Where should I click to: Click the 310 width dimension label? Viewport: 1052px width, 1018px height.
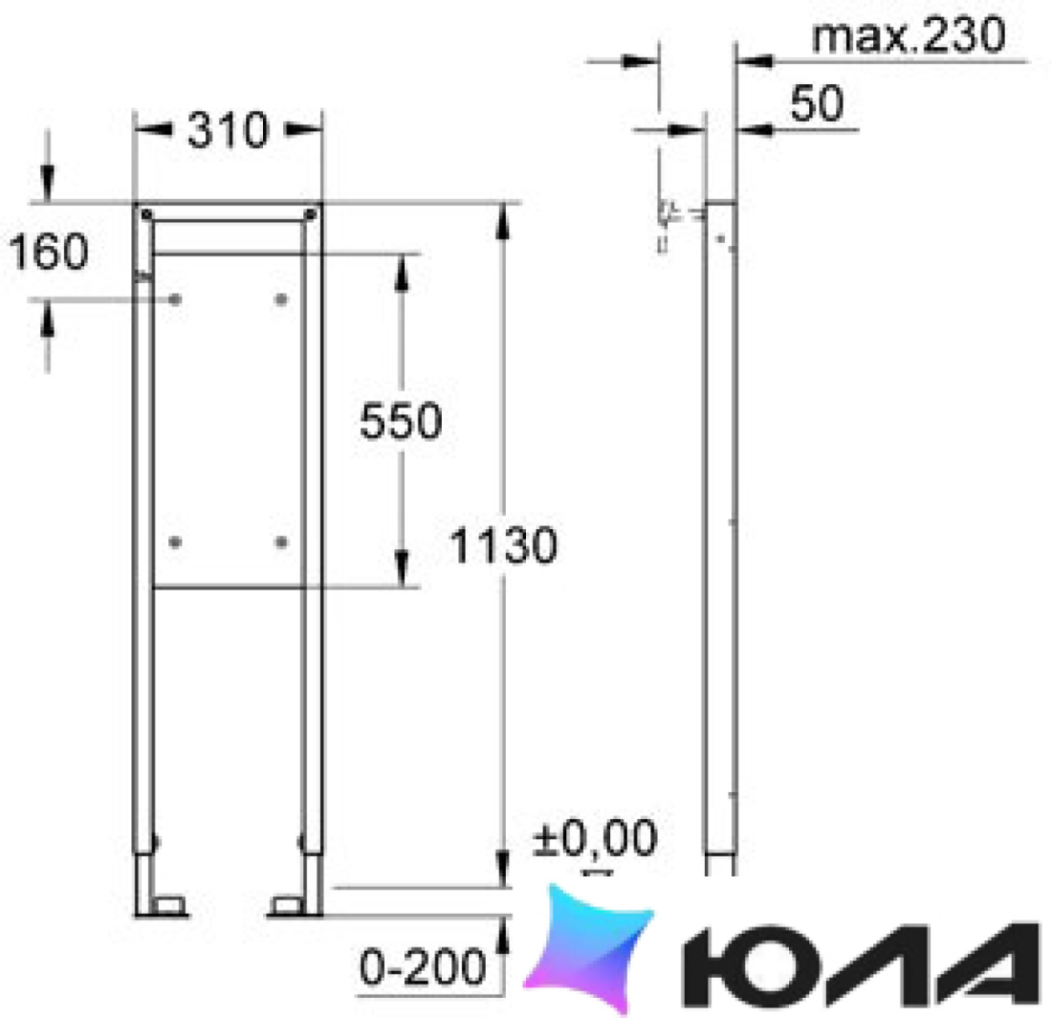(x=229, y=130)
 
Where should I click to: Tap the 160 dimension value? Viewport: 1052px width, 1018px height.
(x=49, y=252)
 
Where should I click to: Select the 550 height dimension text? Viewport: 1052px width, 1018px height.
(x=402, y=421)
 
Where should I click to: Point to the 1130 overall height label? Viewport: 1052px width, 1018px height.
(x=503, y=545)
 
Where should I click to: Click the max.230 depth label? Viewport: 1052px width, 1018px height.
(x=909, y=35)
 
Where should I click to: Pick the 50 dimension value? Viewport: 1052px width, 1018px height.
(x=817, y=104)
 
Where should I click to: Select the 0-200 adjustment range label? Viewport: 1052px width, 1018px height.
(x=423, y=966)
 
